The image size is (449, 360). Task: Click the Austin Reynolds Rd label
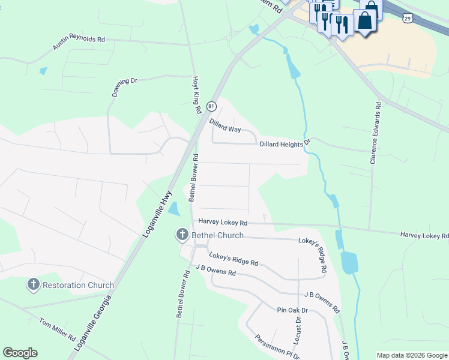click(79, 43)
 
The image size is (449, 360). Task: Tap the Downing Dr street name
click(124, 87)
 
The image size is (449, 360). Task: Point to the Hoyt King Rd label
click(196, 95)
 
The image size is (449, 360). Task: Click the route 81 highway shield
click(211, 106)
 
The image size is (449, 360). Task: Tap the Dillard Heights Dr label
click(285, 143)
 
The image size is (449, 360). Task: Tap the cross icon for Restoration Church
click(34, 285)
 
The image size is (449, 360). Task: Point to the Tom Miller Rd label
click(57, 329)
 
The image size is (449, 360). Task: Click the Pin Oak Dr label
click(292, 310)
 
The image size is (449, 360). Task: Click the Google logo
click(20, 353)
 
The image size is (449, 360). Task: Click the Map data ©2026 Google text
click(412, 355)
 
